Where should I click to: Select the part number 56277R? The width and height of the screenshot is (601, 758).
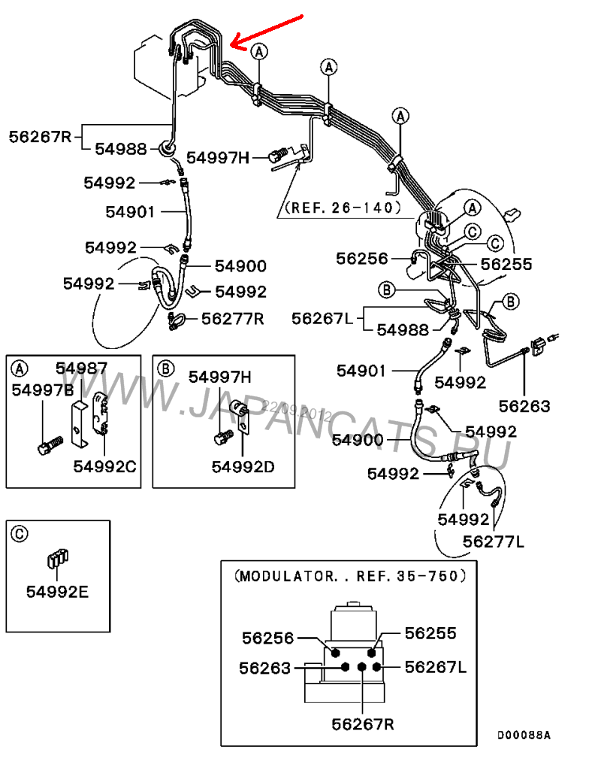click(x=232, y=318)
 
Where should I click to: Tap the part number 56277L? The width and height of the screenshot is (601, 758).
click(x=493, y=541)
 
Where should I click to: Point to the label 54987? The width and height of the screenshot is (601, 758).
click(x=81, y=368)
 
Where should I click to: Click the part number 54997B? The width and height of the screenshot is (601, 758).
click(x=43, y=390)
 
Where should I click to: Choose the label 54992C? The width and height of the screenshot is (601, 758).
click(x=104, y=466)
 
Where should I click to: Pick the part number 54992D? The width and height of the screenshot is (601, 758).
click(x=243, y=466)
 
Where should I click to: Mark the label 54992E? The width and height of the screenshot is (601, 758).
click(x=57, y=591)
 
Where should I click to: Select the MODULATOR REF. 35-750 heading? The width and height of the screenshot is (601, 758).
click(x=350, y=576)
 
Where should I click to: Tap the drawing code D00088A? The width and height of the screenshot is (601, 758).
click(x=524, y=734)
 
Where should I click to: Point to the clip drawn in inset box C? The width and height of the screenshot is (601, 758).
click(x=57, y=560)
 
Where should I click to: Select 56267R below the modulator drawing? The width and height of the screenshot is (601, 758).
click(x=363, y=723)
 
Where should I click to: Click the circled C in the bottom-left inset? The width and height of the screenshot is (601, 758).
click(x=20, y=534)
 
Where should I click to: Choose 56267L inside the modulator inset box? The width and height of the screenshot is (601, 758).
click(x=436, y=667)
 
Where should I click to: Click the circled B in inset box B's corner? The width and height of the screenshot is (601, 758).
click(x=167, y=368)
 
